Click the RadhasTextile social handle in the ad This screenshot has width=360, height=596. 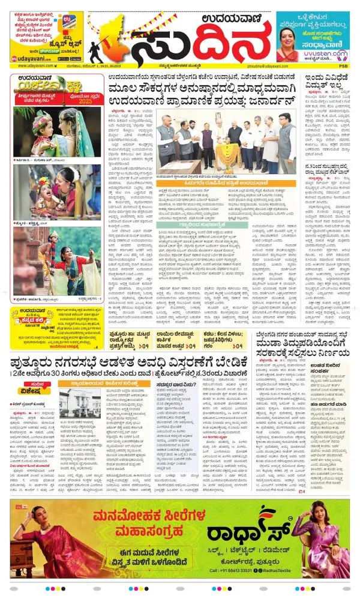point(286,570)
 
